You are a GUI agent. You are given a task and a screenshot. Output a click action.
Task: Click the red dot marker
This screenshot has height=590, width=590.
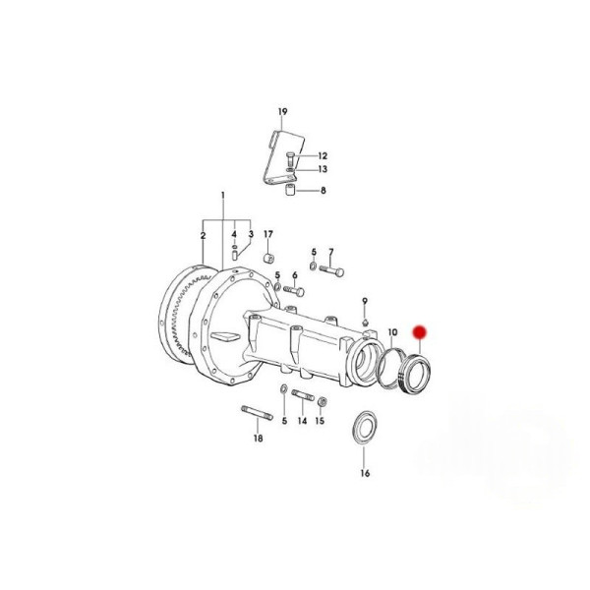coord(419,332)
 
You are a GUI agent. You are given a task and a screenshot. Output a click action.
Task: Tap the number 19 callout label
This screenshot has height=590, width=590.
coord(282,112)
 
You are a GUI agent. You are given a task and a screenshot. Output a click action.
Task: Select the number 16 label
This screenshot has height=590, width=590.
coord(365,473)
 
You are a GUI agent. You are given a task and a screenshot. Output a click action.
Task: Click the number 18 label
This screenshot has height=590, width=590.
coord(258,439)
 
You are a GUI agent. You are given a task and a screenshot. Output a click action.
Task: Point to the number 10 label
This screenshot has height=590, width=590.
coord(392,332)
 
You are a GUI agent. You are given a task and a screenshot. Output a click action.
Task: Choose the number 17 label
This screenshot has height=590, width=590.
coord(267,234)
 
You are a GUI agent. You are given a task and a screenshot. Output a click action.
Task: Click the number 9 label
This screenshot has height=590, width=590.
coord(364,301)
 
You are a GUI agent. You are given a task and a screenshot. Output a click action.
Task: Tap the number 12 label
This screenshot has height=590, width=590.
coord(323,155)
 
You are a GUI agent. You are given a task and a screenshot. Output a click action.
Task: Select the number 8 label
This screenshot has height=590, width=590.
coord(324,191)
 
